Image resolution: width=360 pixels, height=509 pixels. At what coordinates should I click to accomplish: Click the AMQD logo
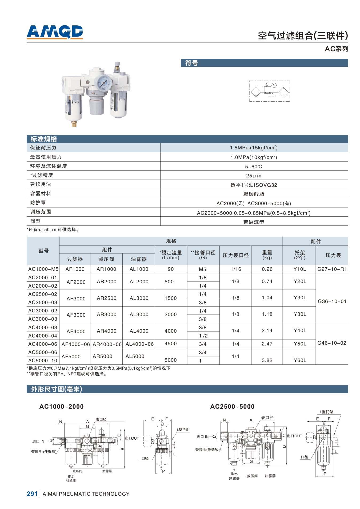click(x=55, y=32)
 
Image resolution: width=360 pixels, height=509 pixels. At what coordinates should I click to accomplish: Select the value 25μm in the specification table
click(x=254, y=176)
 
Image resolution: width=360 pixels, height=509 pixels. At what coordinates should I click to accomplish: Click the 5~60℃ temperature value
click(x=254, y=166)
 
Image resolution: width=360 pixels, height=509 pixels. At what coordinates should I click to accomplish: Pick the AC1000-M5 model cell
click(x=43, y=269)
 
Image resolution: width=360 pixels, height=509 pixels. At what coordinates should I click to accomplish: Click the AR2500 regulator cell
click(x=106, y=298)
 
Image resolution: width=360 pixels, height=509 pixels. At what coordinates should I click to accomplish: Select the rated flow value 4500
click(x=171, y=344)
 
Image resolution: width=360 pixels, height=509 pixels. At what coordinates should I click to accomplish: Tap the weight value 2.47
click(x=267, y=344)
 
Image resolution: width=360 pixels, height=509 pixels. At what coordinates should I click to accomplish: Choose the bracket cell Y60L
click(x=300, y=360)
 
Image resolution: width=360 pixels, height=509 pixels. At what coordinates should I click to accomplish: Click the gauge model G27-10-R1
click(x=332, y=269)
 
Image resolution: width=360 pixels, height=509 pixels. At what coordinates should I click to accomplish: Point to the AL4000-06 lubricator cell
click(x=139, y=344)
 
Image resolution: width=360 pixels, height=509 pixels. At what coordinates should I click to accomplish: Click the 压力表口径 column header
click(x=235, y=255)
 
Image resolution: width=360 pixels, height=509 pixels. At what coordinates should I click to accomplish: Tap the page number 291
click(x=32, y=494)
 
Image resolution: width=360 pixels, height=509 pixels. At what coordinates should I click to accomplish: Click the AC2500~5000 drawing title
click(x=232, y=406)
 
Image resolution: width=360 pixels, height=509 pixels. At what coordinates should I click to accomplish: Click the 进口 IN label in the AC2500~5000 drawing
click(x=203, y=437)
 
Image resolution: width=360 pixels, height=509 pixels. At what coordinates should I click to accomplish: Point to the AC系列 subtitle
click(x=336, y=49)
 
